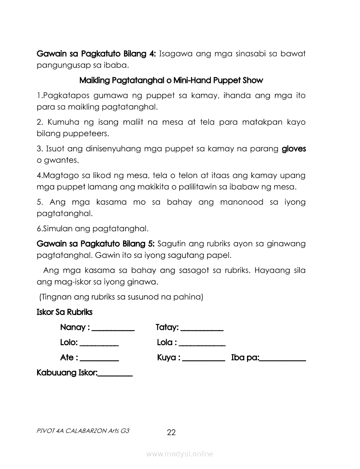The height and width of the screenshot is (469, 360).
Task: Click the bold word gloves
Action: tap(294, 149)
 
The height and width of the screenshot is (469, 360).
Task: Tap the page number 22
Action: tap(171, 432)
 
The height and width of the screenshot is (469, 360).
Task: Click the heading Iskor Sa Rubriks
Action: tap(65, 312)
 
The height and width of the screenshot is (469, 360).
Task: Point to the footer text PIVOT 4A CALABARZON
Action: tap(83, 430)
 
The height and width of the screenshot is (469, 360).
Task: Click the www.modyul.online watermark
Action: tap(180, 454)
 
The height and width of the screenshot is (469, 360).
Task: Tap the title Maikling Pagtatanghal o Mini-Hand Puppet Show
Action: tap(171, 81)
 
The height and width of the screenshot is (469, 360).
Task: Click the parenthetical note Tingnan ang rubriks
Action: tap(121, 297)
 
